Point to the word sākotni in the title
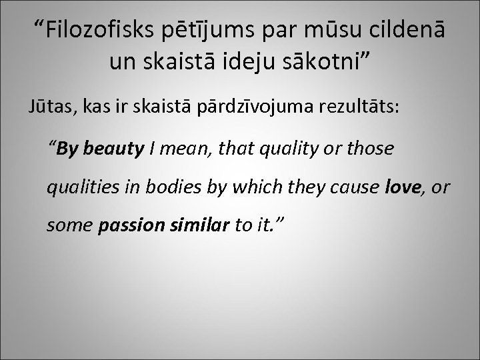pyautogui.click(x=327, y=64)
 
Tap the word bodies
pyautogui.click(x=169, y=188)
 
